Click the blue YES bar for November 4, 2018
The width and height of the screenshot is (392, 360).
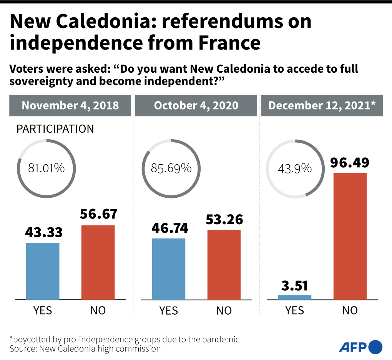coord(43,271)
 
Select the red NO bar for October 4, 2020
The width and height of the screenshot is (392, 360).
coord(224,265)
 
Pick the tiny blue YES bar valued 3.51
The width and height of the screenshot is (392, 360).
coord(295,297)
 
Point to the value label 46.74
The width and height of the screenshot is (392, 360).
coord(169,228)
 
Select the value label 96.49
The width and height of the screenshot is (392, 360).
coord(350,162)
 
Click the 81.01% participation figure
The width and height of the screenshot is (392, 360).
coord(46,168)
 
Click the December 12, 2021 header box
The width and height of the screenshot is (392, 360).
coord(322,105)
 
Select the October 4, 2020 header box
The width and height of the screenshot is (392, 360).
coord(196,105)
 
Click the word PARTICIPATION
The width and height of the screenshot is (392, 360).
coord(55,129)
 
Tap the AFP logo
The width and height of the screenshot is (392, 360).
coord(360,347)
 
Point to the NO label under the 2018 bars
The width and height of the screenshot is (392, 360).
coord(98,310)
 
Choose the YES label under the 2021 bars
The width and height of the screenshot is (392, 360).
coord(295,310)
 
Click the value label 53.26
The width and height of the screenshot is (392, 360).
coord(224,220)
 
